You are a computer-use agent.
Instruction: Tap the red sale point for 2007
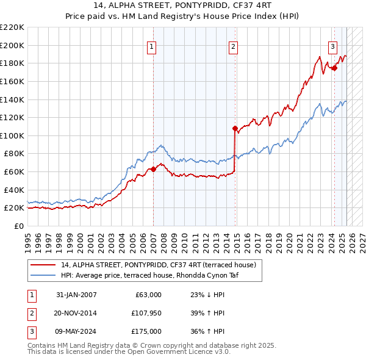pos(153,169)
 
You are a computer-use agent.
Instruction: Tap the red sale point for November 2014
pos(235,128)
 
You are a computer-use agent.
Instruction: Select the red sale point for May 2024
pos(334,68)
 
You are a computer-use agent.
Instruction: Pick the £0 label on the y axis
pos(18,226)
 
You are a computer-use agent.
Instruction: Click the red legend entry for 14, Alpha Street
pos(161,265)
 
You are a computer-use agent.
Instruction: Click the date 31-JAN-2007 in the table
pos(76,295)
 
